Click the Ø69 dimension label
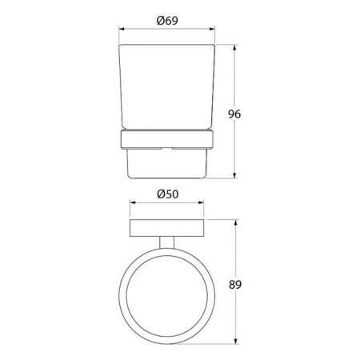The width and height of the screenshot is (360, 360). pyautogui.click(x=167, y=21)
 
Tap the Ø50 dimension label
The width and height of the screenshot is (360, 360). pyautogui.click(x=168, y=194)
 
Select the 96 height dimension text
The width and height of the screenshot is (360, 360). pyautogui.click(x=234, y=114)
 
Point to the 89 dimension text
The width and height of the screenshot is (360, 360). pyautogui.click(x=235, y=285)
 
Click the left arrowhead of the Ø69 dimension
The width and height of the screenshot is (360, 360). pyautogui.click(x=122, y=29)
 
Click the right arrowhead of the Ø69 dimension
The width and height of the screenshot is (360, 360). pyautogui.click(x=211, y=29)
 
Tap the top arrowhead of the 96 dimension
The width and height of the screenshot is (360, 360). pyautogui.click(x=234, y=48)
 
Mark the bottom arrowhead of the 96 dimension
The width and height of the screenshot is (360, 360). pyautogui.click(x=234, y=174)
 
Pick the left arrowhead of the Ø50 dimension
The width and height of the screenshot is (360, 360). pyautogui.click(x=134, y=202)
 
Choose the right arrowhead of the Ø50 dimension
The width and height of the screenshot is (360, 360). pyautogui.click(x=200, y=202)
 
